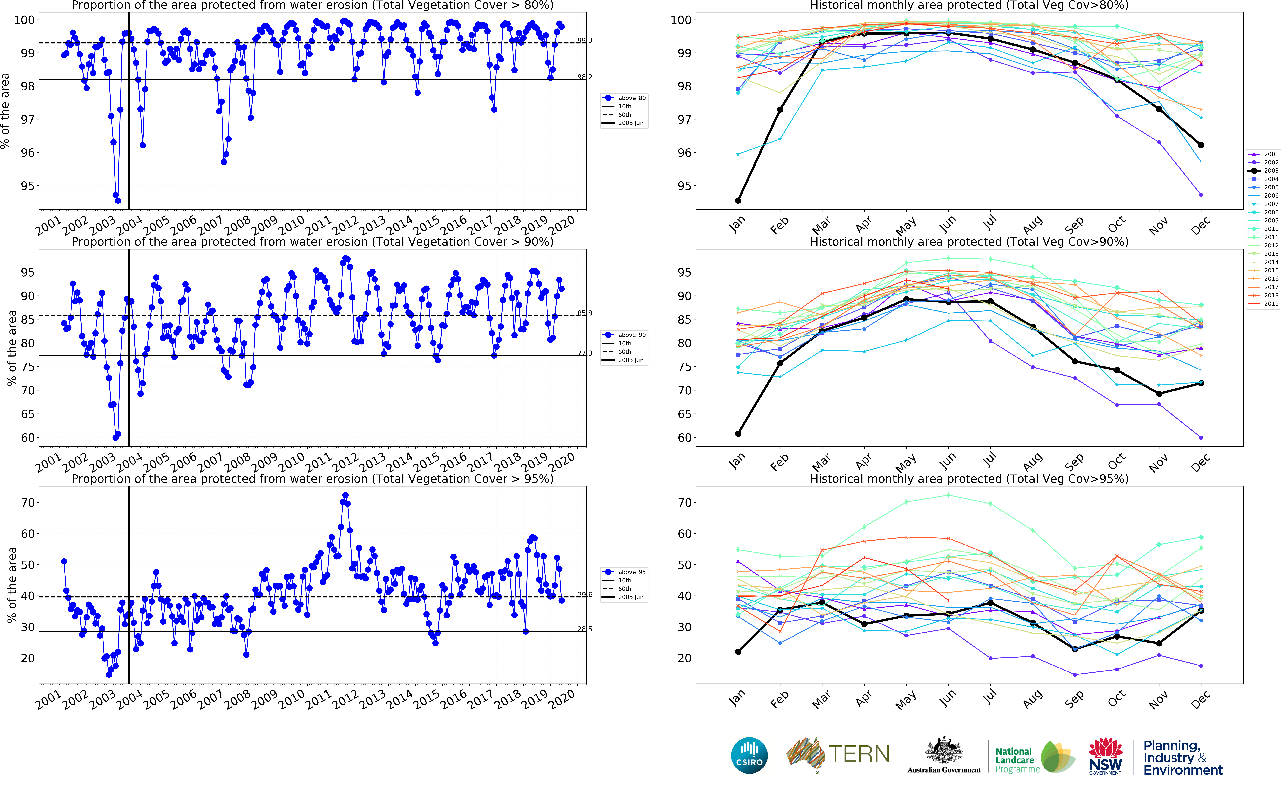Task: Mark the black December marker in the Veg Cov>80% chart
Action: pos(1201,145)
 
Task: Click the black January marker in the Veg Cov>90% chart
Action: pos(738,434)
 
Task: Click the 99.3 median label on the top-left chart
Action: pos(584,40)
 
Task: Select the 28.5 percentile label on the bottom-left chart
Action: pos(584,629)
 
